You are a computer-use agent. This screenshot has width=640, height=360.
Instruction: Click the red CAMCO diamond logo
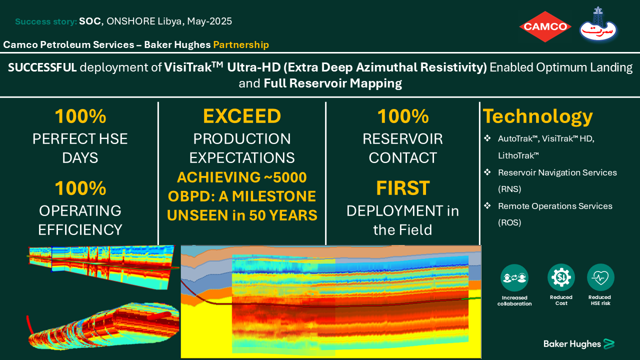[x=545, y=26]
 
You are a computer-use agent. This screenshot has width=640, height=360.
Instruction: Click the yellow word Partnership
[x=241, y=45]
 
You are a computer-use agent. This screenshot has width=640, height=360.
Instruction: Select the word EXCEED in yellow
[x=242, y=116]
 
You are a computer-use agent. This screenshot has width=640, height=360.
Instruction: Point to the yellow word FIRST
[x=403, y=188]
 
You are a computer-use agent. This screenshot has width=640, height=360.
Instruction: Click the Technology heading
[x=537, y=116]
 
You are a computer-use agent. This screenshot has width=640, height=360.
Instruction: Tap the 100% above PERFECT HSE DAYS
[x=80, y=116]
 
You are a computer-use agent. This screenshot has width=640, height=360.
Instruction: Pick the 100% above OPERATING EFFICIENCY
[x=80, y=188]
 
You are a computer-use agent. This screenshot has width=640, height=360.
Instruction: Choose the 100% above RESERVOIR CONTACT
[x=403, y=116]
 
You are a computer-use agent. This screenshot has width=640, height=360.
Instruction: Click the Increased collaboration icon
[x=514, y=277]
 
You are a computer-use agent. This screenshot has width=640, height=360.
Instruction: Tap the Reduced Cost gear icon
[x=561, y=277]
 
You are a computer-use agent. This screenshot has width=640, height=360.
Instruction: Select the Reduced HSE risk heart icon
[x=600, y=277]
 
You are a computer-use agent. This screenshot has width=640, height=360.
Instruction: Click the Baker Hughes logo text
[x=572, y=344]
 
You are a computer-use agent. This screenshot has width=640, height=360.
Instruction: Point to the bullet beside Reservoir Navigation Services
[x=487, y=172]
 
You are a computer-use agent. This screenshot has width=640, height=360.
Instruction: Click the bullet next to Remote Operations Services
[x=487, y=205]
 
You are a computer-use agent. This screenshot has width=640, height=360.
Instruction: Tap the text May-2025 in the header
[x=209, y=21]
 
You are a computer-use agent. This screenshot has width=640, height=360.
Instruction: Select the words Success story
[x=46, y=21]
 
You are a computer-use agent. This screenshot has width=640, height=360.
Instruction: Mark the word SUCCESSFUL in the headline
[x=42, y=67]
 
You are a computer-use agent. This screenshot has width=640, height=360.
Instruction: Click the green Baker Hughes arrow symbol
[x=608, y=344]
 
